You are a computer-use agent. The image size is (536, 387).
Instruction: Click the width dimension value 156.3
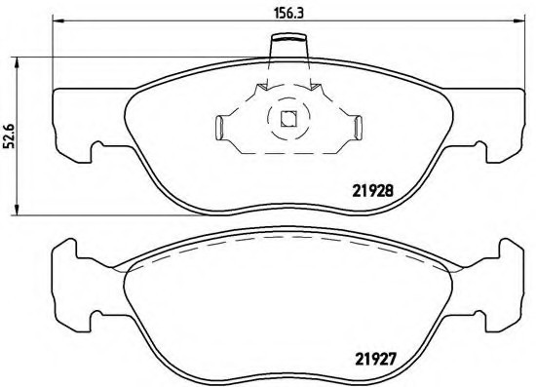284,13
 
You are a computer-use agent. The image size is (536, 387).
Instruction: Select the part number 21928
372,191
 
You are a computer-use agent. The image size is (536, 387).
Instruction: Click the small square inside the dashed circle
287,121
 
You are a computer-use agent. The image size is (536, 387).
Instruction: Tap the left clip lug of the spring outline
220,126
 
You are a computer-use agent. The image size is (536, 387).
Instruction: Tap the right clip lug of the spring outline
356,126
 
